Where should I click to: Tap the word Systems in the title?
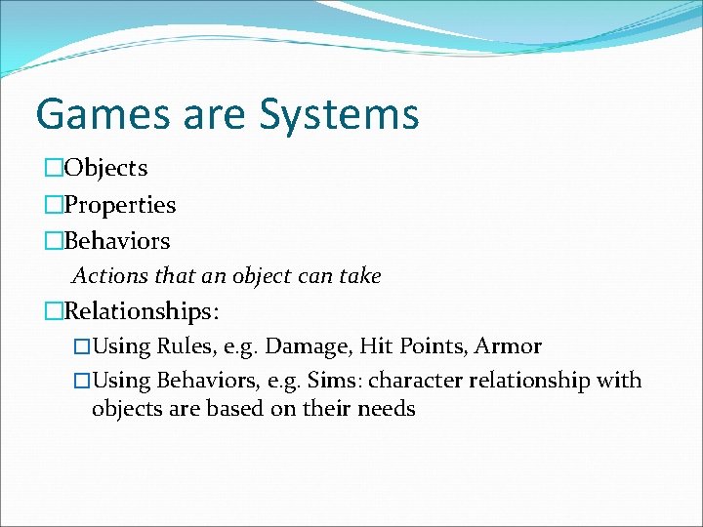coord(339,113)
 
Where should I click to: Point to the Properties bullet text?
coord(119,205)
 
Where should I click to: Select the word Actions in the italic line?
coord(107,276)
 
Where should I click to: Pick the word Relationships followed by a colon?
coord(142,311)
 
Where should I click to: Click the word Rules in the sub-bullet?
coord(178,346)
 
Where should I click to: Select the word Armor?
coord(509,346)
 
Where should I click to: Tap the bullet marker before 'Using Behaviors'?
coord(82,380)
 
